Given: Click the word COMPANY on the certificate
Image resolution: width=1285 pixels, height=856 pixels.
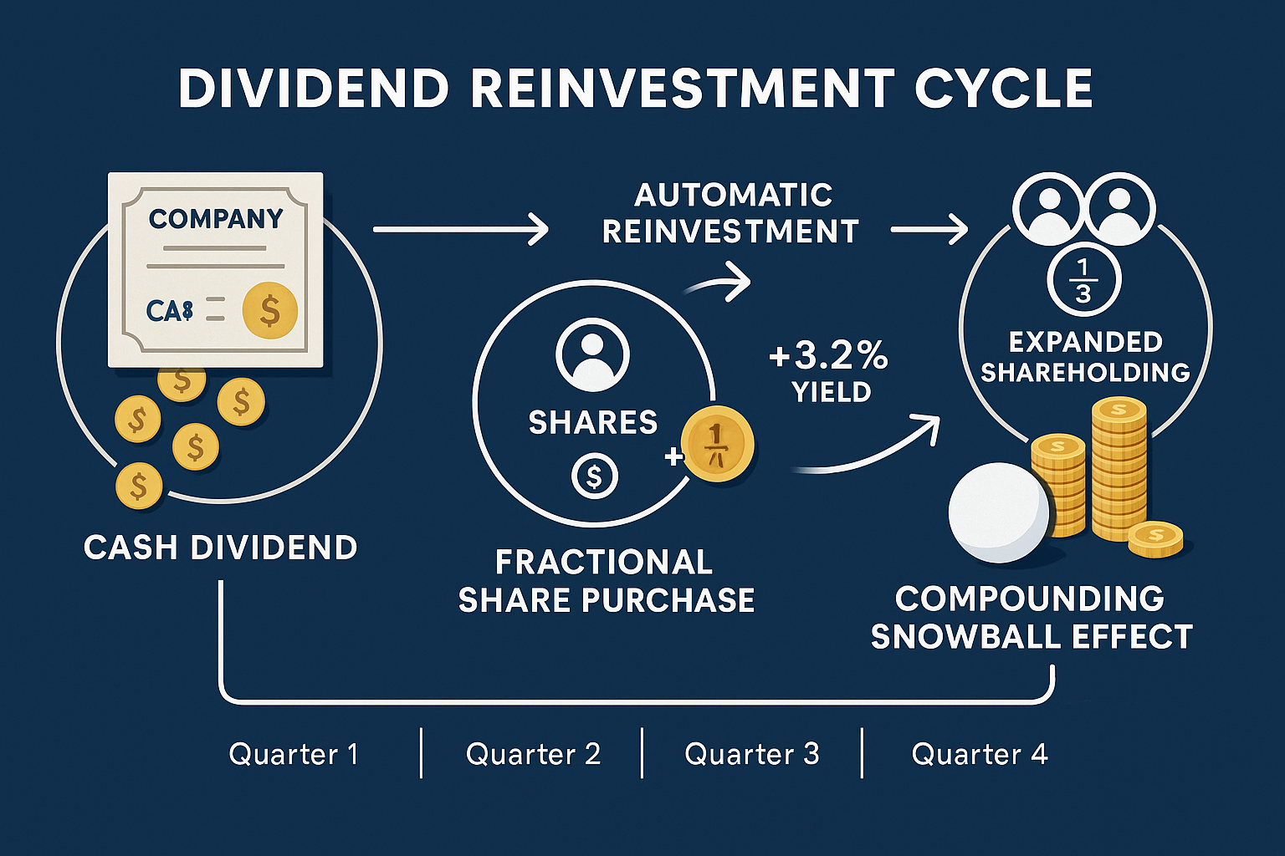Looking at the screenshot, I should point(216,219).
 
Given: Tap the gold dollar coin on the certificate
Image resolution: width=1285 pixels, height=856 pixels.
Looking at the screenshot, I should point(269,310).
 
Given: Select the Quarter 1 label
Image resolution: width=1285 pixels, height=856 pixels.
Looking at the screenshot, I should point(294,754).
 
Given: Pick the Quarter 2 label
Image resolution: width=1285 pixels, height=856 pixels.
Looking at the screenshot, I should point(533,754).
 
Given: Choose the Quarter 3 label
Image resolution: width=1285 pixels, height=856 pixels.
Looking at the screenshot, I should point(751,754).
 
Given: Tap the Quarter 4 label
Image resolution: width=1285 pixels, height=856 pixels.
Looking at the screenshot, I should point(979,754).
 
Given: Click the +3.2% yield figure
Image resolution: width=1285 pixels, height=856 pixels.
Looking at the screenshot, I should point(828,357).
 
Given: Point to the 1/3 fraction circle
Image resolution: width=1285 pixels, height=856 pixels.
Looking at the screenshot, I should point(1083,281).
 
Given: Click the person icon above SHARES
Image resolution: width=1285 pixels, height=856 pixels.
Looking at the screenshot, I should point(592,354).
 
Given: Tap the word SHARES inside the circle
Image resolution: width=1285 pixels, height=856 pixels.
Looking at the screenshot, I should point(593,423).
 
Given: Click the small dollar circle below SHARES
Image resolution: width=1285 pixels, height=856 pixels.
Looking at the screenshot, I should point(594,476).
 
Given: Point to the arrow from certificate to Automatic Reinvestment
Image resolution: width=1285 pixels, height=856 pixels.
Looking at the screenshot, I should point(460,228).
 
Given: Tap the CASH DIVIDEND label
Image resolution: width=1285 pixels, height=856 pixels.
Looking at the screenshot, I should point(221,548).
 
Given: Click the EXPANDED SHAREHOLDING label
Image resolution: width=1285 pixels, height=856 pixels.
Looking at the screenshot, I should point(1085,357).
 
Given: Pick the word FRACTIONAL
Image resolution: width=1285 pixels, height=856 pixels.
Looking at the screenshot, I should point(603,563).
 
